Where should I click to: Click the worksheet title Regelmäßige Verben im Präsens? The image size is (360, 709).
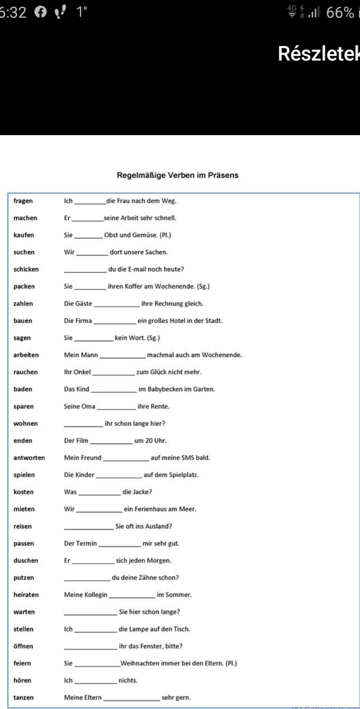pos(178,175)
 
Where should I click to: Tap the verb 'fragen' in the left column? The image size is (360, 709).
pos(23,201)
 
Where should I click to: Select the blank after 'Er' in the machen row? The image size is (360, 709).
pos(88,218)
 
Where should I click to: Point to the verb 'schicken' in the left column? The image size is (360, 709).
pos(26,269)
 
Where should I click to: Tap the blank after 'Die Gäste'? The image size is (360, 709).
pos(117,304)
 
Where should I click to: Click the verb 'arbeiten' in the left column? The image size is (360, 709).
pos(26,355)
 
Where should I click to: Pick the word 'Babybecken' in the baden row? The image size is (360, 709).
pos(164,389)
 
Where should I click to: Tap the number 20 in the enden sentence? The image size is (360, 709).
pos(149,441)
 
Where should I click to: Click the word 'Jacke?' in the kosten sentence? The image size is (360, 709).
pos(142,492)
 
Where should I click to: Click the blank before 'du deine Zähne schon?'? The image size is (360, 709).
pos(87,578)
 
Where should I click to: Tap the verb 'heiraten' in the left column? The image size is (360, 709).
pos(26,595)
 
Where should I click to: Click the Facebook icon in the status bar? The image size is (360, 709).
pos(40,13)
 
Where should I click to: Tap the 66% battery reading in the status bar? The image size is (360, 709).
pos(340,13)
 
